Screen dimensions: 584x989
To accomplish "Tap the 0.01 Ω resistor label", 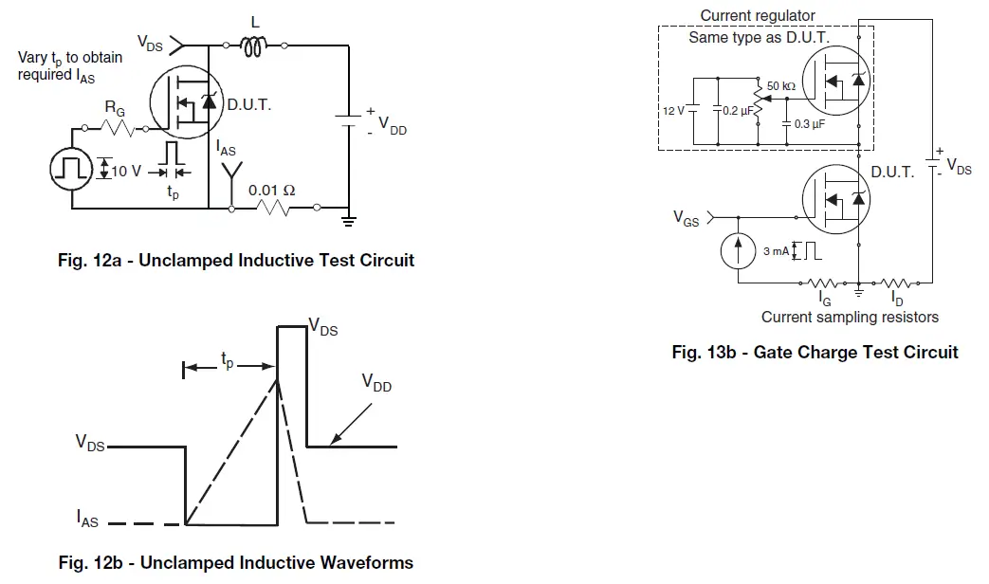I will coord(271,190).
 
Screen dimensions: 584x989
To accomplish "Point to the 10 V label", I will coord(127,171).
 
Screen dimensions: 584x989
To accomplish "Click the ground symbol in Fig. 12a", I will coord(349,223).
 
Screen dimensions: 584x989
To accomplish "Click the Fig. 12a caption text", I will coord(236,260).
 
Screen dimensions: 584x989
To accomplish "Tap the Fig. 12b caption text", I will coord(236,562).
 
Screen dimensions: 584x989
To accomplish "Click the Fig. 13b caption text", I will coord(815,353).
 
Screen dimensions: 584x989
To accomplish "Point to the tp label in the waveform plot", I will coord(229,360).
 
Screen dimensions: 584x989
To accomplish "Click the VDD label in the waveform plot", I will coord(376,383).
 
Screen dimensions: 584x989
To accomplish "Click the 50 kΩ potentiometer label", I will coord(781,86).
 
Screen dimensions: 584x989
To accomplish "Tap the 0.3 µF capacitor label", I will coord(809,124).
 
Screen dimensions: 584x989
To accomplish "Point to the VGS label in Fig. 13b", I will coord(687,219).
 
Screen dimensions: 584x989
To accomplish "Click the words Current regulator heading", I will coord(758,15).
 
